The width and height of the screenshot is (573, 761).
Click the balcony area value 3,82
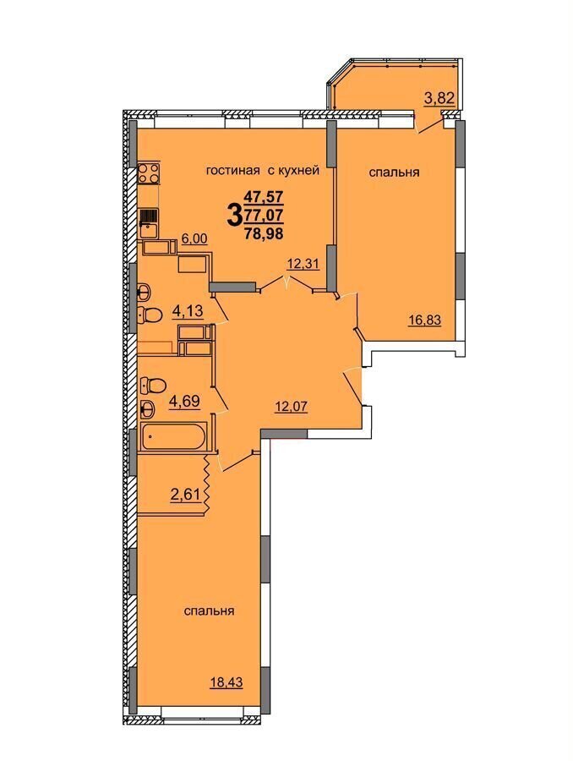(x=439, y=99)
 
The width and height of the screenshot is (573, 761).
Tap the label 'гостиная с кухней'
(x=263, y=170)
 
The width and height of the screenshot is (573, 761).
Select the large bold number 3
(x=234, y=215)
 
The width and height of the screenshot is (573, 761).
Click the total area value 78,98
(x=264, y=233)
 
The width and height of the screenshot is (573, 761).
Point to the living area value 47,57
(x=264, y=196)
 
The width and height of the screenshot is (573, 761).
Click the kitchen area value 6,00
(x=194, y=238)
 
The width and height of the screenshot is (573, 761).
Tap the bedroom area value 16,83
(x=425, y=320)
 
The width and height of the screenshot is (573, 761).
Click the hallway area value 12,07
(x=291, y=406)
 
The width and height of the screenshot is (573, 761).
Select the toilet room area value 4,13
(x=188, y=309)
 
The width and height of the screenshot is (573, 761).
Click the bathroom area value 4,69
(x=184, y=402)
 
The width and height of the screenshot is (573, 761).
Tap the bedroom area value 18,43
(x=226, y=682)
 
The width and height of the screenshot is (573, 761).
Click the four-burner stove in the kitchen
(x=149, y=172)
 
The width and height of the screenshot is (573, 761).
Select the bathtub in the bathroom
(x=172, y=437)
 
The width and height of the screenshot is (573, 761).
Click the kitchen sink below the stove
(x=149, y=223)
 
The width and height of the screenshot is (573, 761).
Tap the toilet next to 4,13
(x=150, y=315)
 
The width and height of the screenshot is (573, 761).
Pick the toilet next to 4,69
(x=152, y=386)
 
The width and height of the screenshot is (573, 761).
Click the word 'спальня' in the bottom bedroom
(x=209, y=610)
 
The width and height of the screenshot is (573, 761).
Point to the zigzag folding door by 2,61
(x=205, y=483)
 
